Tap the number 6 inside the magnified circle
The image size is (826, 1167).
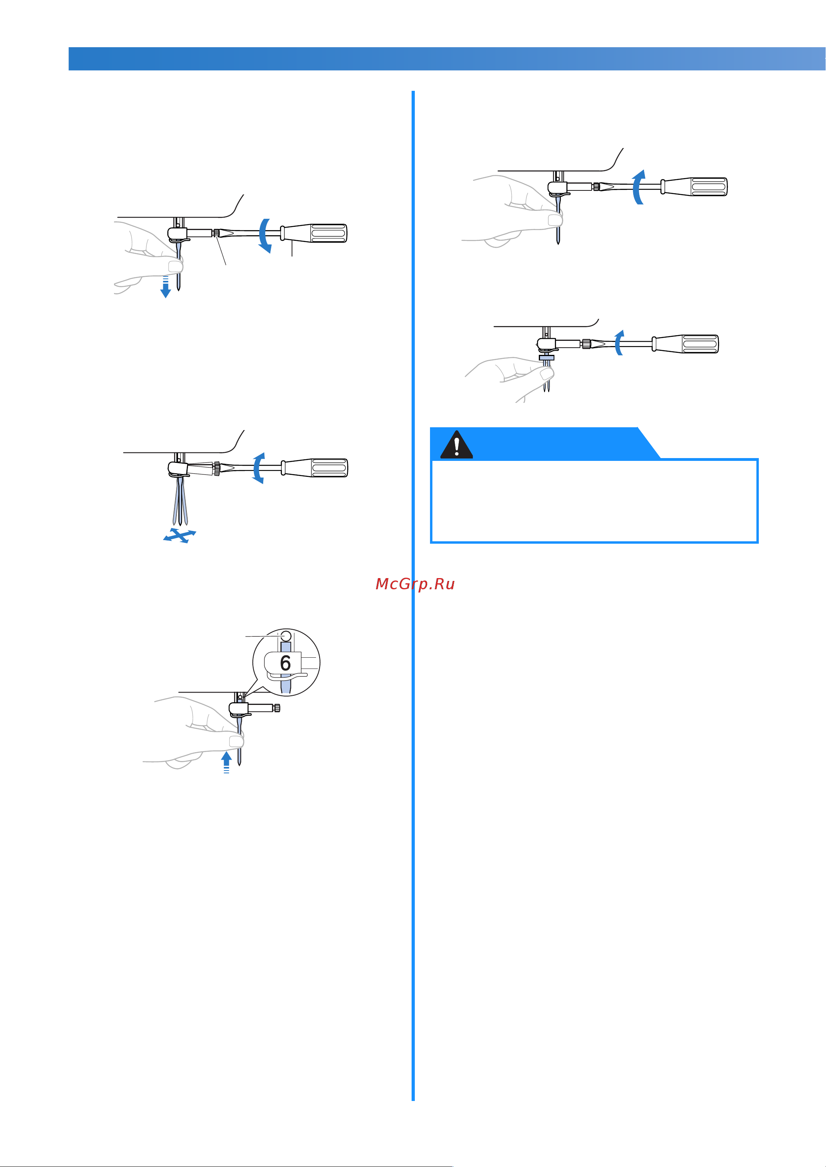tap(285, 663)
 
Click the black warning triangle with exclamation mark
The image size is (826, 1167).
tap(456, 444)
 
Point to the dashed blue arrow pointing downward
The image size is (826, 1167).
tap(165, 286)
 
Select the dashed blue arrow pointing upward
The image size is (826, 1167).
tap(227, 763)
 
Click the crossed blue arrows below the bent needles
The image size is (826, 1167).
tap(180, 536)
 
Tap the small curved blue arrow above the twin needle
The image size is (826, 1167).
tap(619, 342)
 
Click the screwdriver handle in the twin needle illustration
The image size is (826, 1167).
tap(685, 344)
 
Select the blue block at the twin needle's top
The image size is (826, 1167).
tap(546, 358)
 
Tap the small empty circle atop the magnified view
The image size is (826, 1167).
tap(286, 635)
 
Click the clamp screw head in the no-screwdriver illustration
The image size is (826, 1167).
tap(277, 708)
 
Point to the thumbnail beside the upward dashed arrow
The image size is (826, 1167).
tap(236, 741)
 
